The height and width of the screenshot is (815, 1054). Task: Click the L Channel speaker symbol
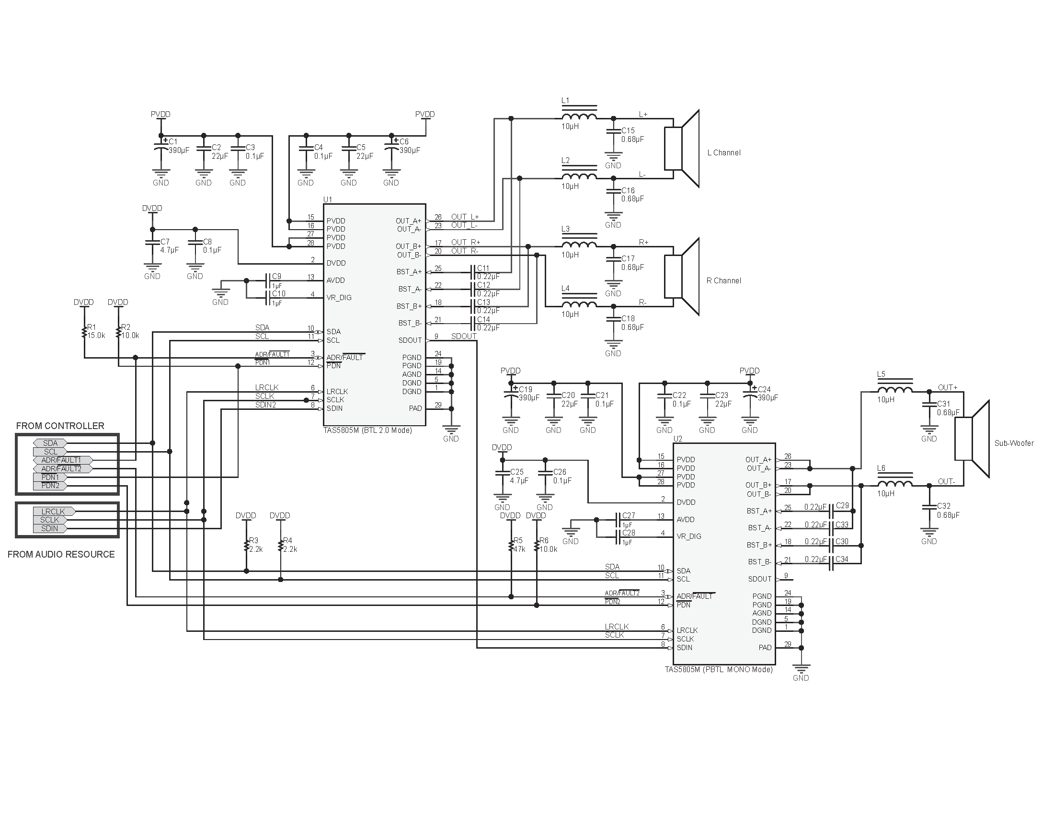pyautogui.click(x=681, y=148)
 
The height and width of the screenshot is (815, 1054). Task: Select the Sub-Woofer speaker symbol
pyautogui.click(x=972, y=439)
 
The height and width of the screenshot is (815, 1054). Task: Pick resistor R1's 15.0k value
pyautogui.click(x=96, y=335)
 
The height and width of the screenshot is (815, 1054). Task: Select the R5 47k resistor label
pyautogui.click(x=519, y=545)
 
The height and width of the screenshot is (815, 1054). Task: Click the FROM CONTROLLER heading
pyautogui.click(x=60, y=426)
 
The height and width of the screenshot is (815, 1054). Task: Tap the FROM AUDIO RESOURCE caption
pyautogui.click(x=61, y=554)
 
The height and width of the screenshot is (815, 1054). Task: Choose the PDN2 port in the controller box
pyautogui.click(x=50, y=486)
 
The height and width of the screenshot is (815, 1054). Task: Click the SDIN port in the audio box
pyautogui.click(x=50, y=528)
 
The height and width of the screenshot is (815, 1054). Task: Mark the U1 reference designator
pyautogui.click(x=327, y=199)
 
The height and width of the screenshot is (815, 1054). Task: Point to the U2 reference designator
pyautogui.click(x=677, y=439)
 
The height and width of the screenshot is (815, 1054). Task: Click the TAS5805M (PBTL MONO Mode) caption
pyautogui.click(x=719, y=670)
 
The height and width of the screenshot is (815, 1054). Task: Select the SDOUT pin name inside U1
pyautogui.click(x=410, y=340)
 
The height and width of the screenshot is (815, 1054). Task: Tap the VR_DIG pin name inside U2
pyautogui.click(x=688, y=536)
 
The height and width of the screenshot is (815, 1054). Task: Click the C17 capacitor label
pyautogui.click(x=628, y=259)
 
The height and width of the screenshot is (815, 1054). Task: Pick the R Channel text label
pyautogui.click(x=723, y=280)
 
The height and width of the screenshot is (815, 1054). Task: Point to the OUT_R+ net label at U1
pyautogui.click(x=465, y=243)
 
